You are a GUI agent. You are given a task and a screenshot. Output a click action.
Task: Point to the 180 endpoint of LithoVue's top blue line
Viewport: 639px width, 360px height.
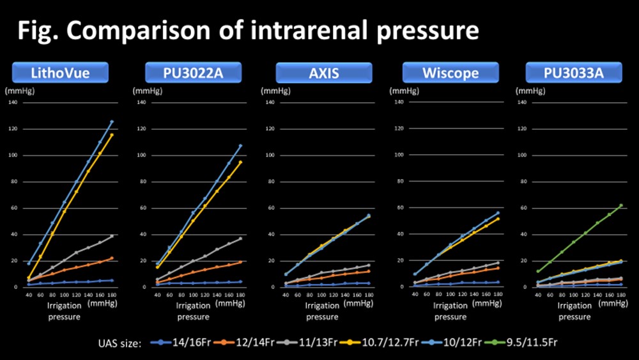point(112,121)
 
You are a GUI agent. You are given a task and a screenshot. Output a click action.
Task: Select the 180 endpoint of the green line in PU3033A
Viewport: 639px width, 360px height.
point(621,205)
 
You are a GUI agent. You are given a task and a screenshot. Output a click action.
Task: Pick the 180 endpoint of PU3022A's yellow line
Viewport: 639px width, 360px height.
point(241,162)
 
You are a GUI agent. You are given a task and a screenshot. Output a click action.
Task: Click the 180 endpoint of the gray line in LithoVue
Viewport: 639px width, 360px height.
point(112,236)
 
